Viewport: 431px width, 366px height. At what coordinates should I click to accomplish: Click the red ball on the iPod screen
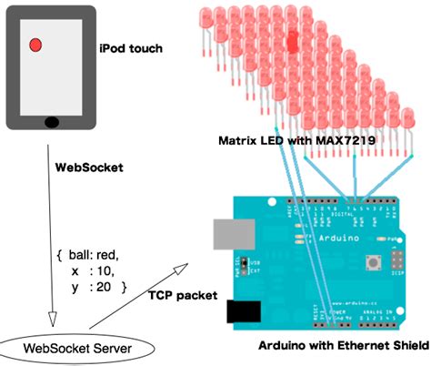[35, 45]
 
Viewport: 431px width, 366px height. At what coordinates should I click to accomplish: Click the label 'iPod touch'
[131, 47]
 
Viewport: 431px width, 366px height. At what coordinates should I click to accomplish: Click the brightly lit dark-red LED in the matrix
[293, 41]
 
